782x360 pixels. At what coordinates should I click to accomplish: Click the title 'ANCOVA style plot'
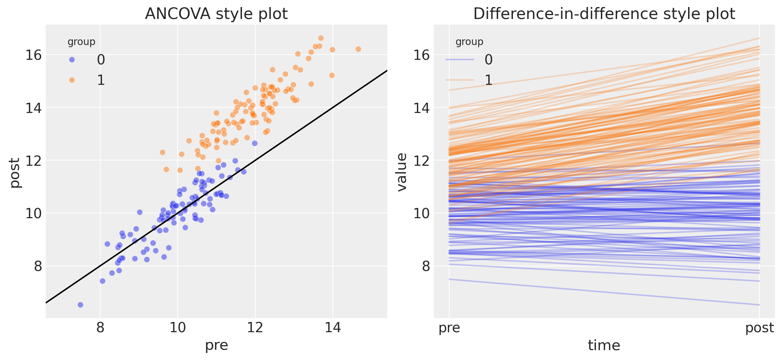click(x=216, y=14)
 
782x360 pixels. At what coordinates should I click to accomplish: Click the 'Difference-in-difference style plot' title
click(x=604, y=14)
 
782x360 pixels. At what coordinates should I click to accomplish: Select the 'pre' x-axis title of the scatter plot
click(x=216, y=345)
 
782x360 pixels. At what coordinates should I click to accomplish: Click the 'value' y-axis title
click(x=401, y=172)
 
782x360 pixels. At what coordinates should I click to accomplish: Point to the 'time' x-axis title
click(x=604, y=345)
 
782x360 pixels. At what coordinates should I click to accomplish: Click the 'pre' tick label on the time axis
click(x=449, y=328)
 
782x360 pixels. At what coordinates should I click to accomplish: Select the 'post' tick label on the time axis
click(x=759, y=328)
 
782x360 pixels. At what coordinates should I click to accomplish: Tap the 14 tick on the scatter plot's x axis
click(x=333, y=328)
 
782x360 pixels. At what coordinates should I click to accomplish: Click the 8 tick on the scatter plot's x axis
click(x=100, y=328)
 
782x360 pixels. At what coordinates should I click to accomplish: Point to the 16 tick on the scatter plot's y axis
click(x=33, y=55)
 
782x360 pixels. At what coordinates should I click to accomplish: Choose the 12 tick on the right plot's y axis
click(x=421, y=161)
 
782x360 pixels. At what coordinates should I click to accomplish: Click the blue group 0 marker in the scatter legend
click(x=72, y=60)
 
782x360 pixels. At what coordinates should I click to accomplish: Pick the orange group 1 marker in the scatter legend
click(x=72, y=80)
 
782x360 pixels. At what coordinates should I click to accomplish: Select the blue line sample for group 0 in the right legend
click(x=459, y=60)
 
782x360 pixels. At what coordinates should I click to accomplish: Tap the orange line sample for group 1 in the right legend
click(x=459, y=80)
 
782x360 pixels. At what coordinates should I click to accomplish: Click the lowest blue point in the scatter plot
click(x=80, y=305)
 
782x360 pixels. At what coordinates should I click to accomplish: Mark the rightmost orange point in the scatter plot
click(x=358, y=49)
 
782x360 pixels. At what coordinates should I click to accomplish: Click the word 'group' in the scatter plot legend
click(x=81, y=42)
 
